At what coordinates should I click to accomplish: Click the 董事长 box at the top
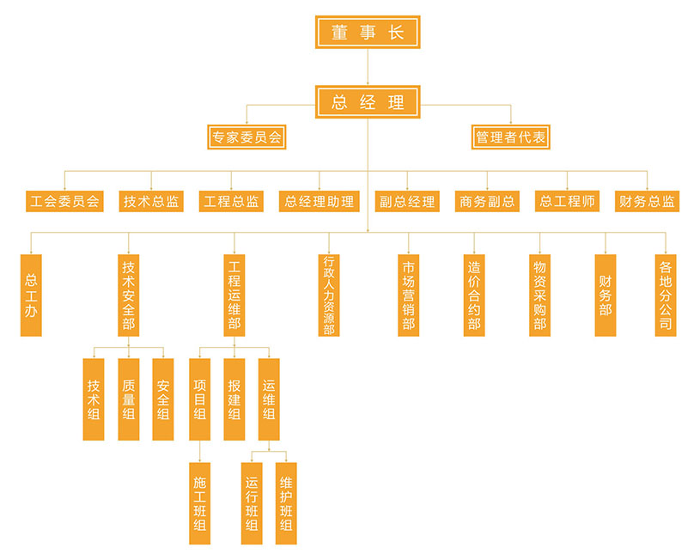[367, 32]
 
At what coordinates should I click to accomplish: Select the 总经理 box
[367, 102]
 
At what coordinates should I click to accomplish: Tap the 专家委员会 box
[247, 137]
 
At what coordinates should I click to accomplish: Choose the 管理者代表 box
[511, 137]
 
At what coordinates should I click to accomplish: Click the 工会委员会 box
[64, 202]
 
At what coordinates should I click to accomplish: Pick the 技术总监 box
[151, 202]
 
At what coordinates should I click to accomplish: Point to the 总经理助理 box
[319, 202]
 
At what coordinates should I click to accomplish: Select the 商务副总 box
[487, 202]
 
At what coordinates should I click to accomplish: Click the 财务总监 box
[647, 202]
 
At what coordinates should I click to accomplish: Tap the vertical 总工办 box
[31, 295]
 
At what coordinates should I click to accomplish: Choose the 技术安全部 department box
[128, 295]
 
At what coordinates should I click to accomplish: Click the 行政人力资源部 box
[328, 295]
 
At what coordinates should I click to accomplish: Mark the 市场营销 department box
[408, 295]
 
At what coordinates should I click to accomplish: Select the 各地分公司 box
[665, 295]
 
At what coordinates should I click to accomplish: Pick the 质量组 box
[128, 399]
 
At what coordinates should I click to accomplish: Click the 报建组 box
[234, 399]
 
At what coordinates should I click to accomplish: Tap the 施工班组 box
[199, 503]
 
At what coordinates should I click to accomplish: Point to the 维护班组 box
[286, 503]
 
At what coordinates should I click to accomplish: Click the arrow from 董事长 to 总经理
[367, 67]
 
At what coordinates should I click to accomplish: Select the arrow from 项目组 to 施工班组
[199, 452]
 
